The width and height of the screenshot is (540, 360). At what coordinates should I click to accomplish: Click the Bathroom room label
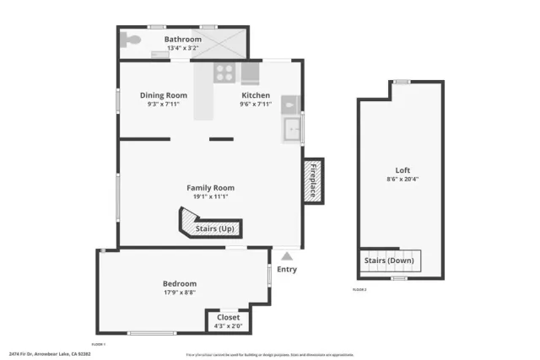183,40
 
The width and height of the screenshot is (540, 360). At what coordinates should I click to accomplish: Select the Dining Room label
163,95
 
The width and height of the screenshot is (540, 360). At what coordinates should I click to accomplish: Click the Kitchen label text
255,95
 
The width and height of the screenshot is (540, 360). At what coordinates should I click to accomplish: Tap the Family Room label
210,188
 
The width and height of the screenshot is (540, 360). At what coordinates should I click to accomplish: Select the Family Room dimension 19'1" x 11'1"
210,196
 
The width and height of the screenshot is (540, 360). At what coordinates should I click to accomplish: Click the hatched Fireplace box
311,180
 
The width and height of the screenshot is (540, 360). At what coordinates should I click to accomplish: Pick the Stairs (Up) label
215,228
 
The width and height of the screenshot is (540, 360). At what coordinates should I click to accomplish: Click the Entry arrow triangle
288,256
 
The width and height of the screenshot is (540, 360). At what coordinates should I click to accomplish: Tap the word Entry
287,269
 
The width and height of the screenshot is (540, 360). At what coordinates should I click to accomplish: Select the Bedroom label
179,283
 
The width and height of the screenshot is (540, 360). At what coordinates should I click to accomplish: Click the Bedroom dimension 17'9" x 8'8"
179,293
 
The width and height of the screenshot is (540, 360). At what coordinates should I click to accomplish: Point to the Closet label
228,318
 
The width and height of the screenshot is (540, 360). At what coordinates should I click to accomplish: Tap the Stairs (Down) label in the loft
390,261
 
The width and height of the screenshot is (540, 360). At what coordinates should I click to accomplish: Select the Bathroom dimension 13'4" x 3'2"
183,48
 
